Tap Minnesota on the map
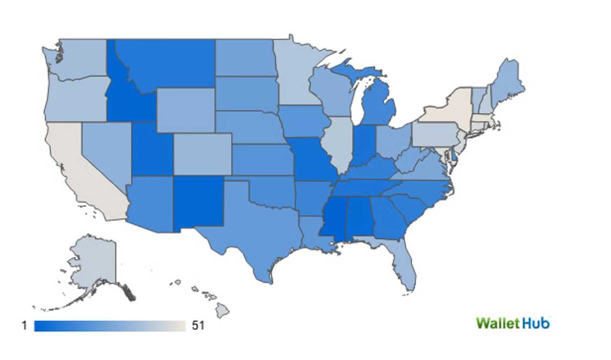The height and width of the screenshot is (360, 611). pos(294,76)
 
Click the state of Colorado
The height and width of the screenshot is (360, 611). pos(203,154)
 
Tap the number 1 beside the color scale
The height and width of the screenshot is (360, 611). pos(24,326)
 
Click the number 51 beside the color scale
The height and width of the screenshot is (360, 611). pos(198,326)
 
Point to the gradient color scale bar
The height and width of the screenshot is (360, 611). pos(110,326)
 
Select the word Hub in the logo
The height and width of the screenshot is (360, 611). pos(535,323)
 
